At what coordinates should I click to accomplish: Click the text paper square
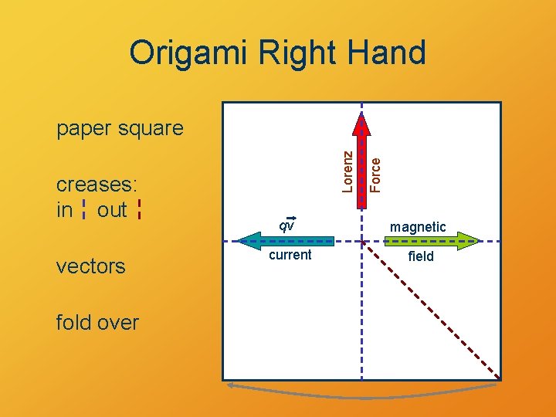click(x=120, y=128)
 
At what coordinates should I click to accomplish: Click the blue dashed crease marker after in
click(x=83, y=210)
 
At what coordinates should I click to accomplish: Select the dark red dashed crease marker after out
click(x=139, y=209)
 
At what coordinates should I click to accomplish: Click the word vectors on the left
click(x=90, y=266)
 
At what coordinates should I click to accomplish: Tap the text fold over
click(x=97, y=322)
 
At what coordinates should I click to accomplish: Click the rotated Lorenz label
click(x=348, y=170)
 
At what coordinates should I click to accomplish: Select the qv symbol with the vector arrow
click(x=286, y=225)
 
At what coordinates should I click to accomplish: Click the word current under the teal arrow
click(x=290, y=256)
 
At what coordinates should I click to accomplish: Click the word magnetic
click(x=418, y=227)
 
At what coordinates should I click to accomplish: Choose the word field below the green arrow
click(x=421, y=256)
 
